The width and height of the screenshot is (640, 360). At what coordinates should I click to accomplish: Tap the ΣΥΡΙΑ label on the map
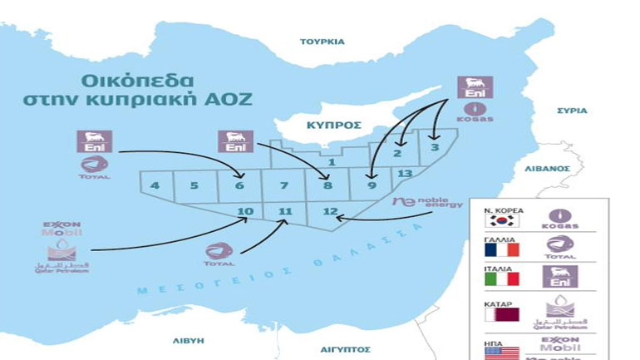point(573,110)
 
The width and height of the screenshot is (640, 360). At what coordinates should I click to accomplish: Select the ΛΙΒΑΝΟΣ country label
point(547,167)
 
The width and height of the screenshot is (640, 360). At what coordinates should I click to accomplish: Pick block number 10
point(245,211)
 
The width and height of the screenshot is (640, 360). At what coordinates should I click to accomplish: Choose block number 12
point(330,211)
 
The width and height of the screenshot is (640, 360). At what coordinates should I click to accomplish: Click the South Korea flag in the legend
point(501,222)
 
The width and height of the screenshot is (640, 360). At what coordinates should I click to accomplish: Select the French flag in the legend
point(501,249)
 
